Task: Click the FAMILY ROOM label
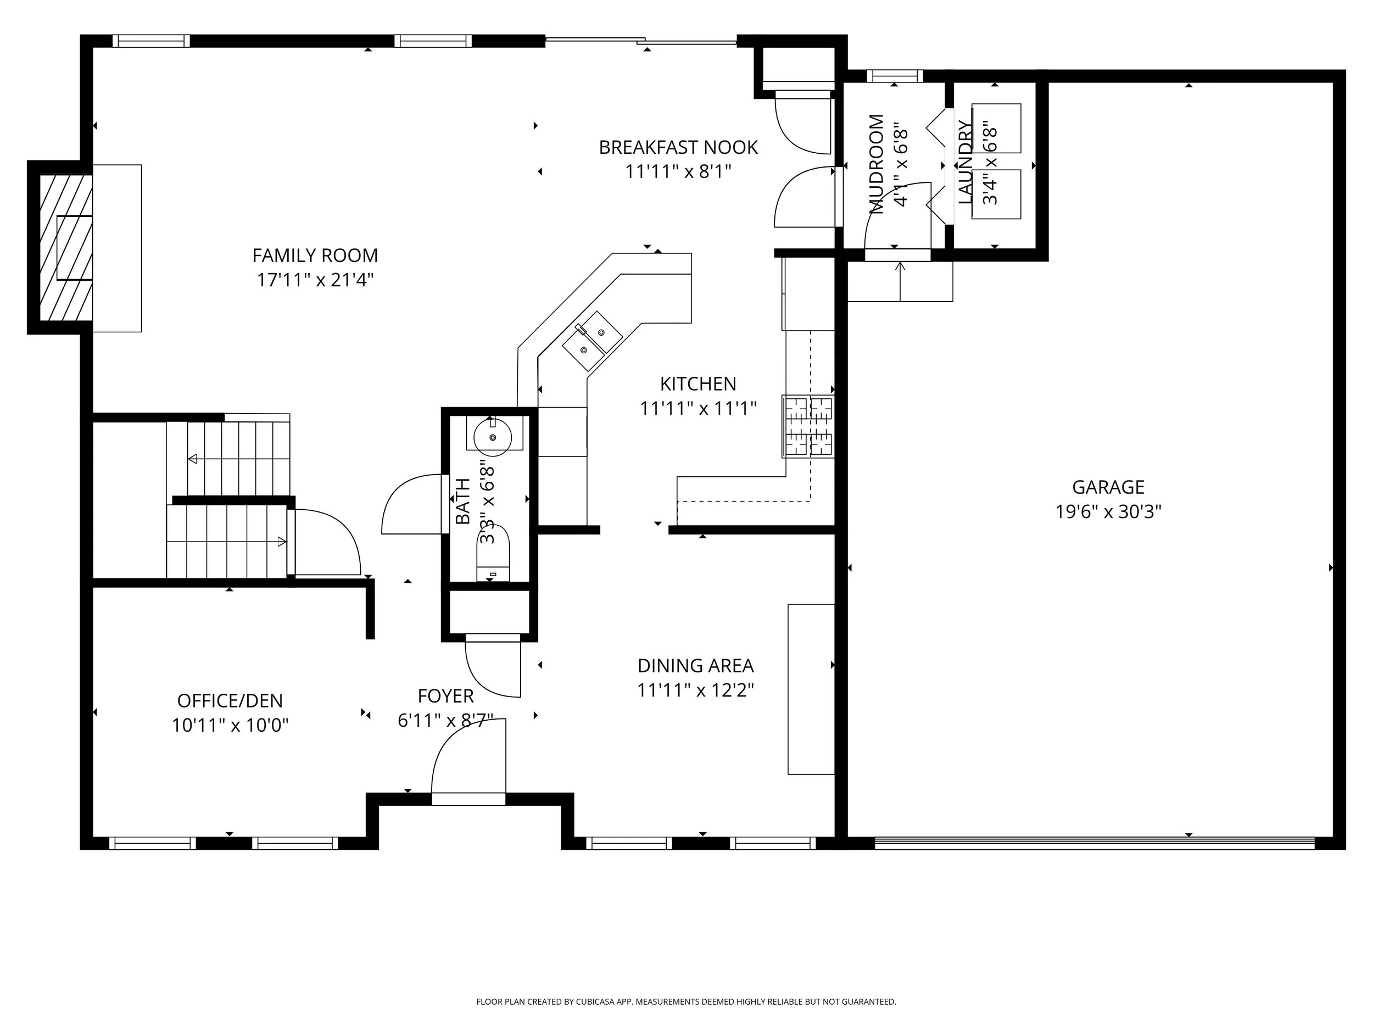[315, 255]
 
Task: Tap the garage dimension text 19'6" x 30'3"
[1108, 511]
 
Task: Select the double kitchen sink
[592, 341]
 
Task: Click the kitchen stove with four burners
[808, 426]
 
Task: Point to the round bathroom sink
[493, 437]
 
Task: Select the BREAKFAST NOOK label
[678, 147]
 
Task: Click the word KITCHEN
[697, 383]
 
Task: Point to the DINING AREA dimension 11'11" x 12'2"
[695, 690]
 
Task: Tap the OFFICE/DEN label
[230, 700]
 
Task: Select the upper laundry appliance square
[996, 128]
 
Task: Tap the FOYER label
[445, 695]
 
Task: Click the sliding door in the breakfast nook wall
[641, 42]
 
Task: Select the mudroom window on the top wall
[895, 76]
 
